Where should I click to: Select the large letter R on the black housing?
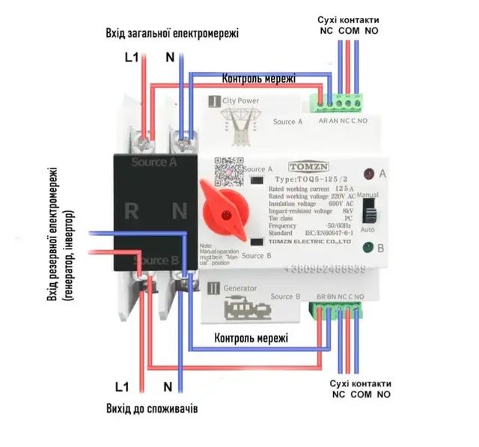click(132, 211)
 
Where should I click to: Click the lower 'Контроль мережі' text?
click(251, 338)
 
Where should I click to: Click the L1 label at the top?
click(132, 57)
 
